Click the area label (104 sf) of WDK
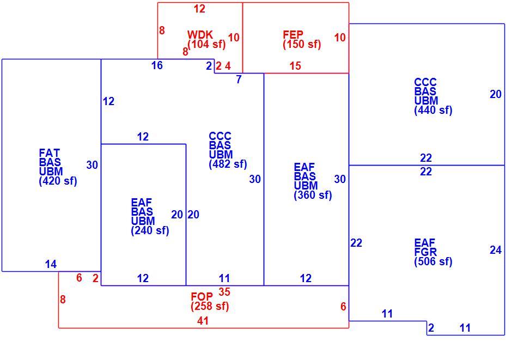pos(206,44)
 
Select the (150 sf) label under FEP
pos(302,44)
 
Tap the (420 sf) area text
pos(58,181)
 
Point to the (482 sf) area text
pos(228,164)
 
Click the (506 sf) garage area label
pos(434,261)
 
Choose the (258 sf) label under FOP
pos(210,306)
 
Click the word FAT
pos(50,153)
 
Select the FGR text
pos(425,252)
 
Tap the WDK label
pos(200,34)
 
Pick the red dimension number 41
pos(203,320)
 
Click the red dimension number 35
pos(224,292)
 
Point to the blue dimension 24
pos(496,250)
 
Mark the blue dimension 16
pos(157,65)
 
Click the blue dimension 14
pos(51,264)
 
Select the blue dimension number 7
pos(239,79)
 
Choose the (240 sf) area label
pos(150,230)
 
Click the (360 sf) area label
pos(313,195)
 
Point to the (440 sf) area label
pos(434,110)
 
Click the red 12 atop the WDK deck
pos(199,9)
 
